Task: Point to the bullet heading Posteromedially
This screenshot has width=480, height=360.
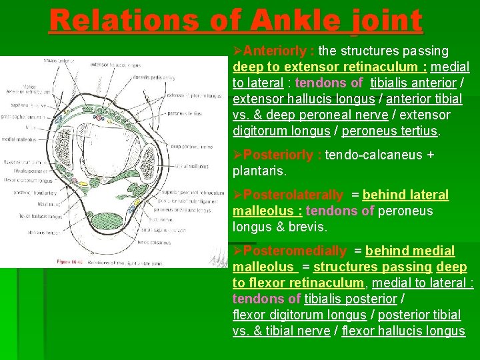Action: pyautogui.click(x=295, y=251)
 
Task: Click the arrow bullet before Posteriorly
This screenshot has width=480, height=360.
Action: pyautogui.click(x=238, y=155)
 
